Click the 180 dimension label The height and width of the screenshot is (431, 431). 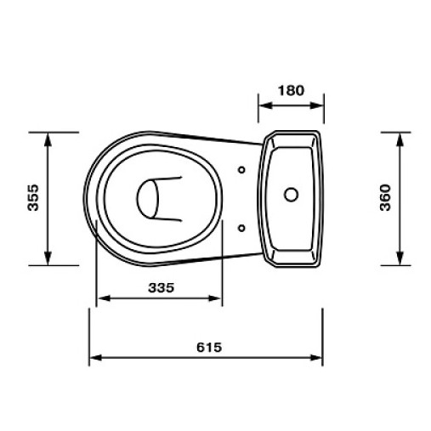click(291, 91)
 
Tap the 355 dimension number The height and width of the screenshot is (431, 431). click(33, 197)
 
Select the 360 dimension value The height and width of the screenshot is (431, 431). click(385, 197)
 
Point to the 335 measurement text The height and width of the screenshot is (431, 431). click(162, 288)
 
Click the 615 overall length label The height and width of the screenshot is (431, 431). click(209, 348)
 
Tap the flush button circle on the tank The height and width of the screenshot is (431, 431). click(291, 195)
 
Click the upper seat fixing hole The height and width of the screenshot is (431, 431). click(241, 170)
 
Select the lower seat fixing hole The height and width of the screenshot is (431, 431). click(241, 228)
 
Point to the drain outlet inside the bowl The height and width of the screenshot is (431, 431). click(148, 199)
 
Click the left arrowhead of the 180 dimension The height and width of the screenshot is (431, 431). click(266, 105)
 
